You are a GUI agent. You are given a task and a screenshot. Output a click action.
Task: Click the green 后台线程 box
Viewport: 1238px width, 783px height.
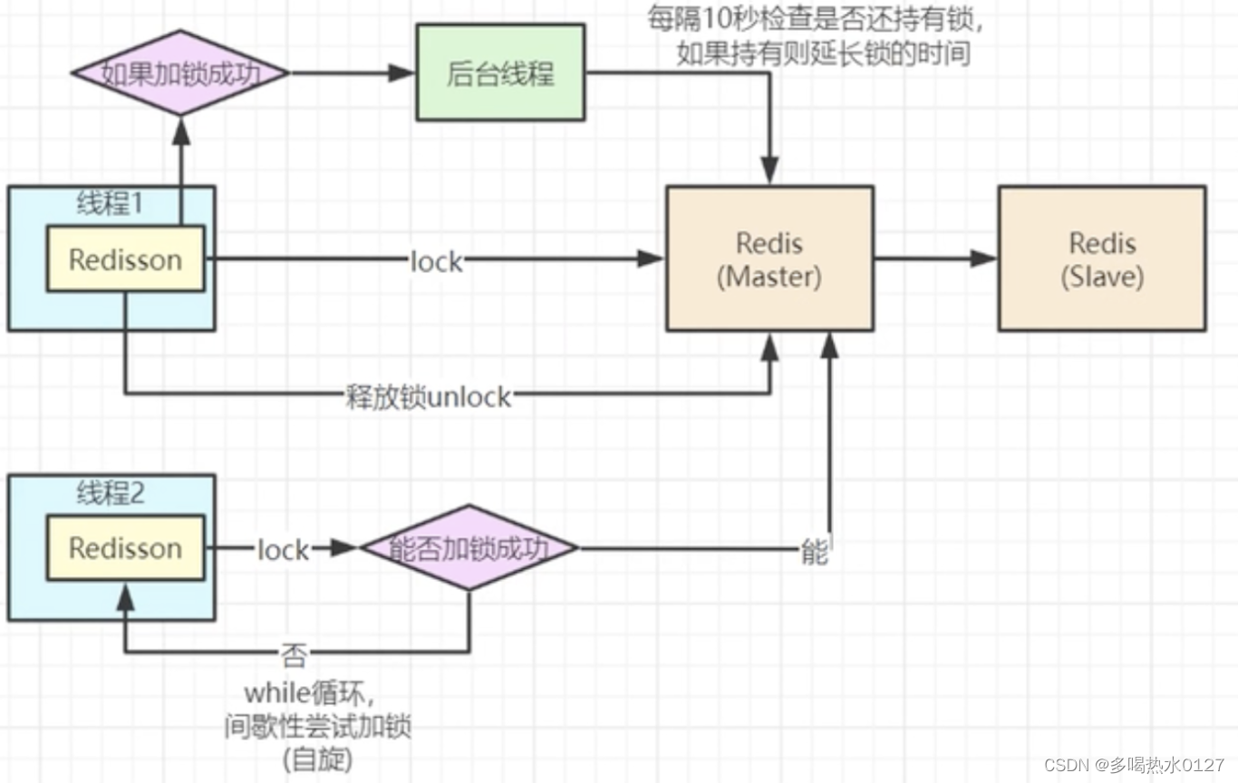[500, 72]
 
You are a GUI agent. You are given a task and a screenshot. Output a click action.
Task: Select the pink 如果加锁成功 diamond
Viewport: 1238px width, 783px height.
[180, 73]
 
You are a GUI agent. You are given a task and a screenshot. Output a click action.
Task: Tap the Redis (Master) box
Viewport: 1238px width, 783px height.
[769, 258]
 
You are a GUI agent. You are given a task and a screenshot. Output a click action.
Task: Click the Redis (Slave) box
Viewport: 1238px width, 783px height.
[1101, 258]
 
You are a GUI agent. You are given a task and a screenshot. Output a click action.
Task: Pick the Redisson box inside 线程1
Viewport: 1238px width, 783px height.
[125, 259]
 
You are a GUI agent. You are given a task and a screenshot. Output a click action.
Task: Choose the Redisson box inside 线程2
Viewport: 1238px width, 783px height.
[125, 547]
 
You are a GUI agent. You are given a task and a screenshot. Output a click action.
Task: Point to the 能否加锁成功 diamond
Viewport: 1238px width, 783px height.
[469, 547]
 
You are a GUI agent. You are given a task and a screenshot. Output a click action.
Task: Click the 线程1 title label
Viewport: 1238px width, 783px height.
[110, 203]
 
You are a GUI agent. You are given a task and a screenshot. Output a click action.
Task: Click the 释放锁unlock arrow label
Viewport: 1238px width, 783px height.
[429, 397]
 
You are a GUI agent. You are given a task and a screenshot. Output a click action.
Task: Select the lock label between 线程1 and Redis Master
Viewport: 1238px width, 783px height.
[436, 261]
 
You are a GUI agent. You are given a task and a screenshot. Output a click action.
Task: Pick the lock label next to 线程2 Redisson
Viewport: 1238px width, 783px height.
[283, 549]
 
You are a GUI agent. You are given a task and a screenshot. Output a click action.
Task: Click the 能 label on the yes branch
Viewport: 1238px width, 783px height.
[814, 551]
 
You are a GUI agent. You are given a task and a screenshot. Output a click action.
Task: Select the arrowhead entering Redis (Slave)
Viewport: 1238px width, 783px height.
[985, 258]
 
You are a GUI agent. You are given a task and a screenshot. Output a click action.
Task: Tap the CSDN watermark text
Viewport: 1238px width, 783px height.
[1133, 765]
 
